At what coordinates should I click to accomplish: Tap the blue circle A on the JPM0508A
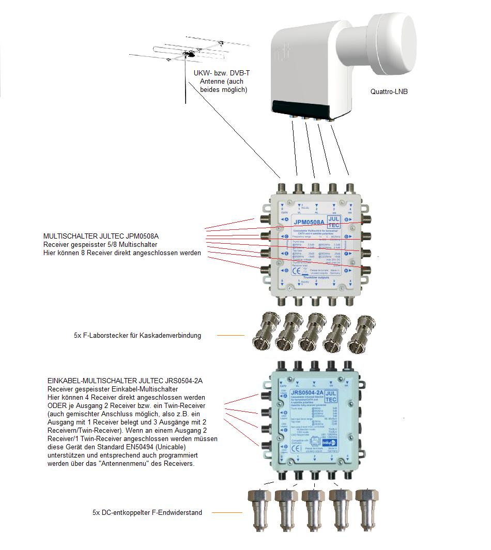pyautogui.click(x=285, y=219)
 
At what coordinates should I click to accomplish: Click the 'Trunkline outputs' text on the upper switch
pyautogui.click(x=316, y=278)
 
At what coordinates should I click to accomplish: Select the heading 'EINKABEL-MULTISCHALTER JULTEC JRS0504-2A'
pyautogui.click(x=125, y=381)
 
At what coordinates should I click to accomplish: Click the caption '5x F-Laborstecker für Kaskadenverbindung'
pyautogui.click(x=137, y=336)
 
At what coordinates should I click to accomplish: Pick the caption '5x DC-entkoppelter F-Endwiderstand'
pyautogui.click(x=147, y=513)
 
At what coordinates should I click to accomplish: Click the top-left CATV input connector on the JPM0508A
pyautogui.click(x=282, y=189)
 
